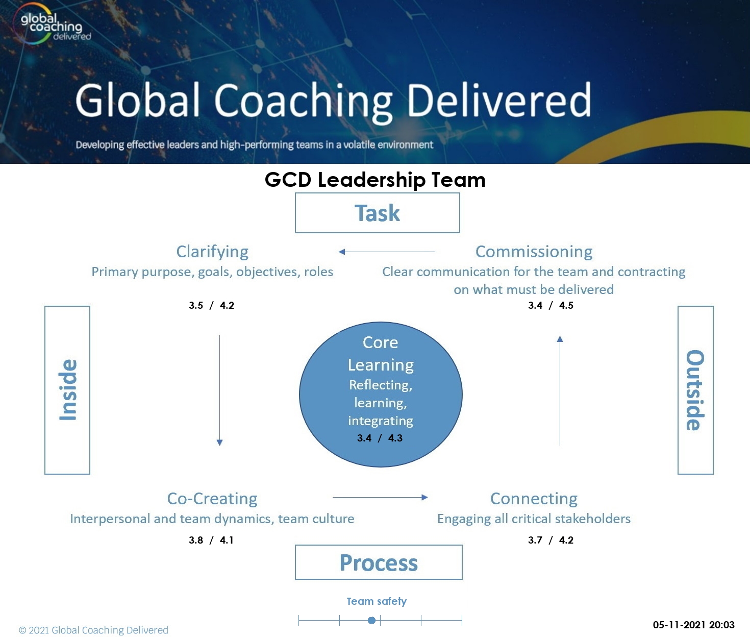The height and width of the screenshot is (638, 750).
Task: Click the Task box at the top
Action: (377, 213)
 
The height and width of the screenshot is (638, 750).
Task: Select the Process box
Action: (379, 562)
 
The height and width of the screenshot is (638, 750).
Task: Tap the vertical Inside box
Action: (67, 390)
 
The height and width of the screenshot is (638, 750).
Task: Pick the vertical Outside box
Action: (695, 390)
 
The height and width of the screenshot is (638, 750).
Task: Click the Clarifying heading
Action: (212, 252)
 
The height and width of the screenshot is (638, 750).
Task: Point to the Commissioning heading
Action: (534, 252)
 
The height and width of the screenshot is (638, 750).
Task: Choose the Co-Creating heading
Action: (212, 498)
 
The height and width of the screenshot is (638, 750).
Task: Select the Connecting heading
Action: (534, 498)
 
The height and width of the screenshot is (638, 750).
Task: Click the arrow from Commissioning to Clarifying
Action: (387, 252)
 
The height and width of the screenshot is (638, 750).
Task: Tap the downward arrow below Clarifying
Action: (220, 390)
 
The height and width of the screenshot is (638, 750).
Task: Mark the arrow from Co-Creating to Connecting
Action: (380, 497)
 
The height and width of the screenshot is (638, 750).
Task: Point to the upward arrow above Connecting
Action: (560, 390)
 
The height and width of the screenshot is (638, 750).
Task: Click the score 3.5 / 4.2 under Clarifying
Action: (211, 305)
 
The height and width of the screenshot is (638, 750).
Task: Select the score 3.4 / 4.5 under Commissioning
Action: (551, 305)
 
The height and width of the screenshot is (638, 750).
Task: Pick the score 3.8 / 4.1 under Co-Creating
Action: (211, 540)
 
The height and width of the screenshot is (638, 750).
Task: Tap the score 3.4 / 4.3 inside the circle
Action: (380, 438)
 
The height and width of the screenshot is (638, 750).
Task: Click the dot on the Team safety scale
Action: (372, 620)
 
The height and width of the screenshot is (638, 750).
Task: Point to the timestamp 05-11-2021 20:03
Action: (693, 625)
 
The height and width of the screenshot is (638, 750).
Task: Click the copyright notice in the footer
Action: (93, 630)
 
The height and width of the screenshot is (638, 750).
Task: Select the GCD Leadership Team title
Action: (375, 180)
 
